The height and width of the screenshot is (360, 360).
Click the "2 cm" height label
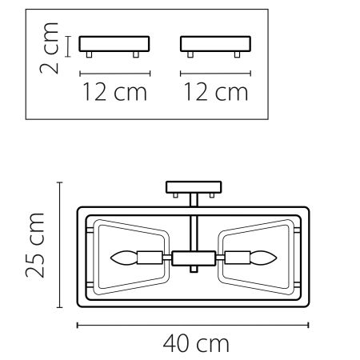pyautogui.click(x=51, y=50)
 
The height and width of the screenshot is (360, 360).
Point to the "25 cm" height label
pyautogui.click(x=34, y=245)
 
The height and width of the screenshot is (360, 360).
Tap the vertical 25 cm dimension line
pyautogui.click(x=58, y=245)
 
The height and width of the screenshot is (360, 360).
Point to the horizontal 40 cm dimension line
pyautogui.click(x=192, y=325)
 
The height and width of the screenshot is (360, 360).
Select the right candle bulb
pyautogui.click(x=263, y=258)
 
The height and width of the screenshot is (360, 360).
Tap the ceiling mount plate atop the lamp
pyautogui.click(x=192, y=188)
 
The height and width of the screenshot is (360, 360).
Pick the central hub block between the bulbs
pyautogui.click(x=192, y=258)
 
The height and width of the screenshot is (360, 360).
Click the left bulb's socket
pyautogui.click(x=149, y=258)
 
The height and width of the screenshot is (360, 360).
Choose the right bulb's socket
pyautogui.click(x=236, y=258)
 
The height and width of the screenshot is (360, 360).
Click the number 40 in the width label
pyautogui.click(x=177, y=345)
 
